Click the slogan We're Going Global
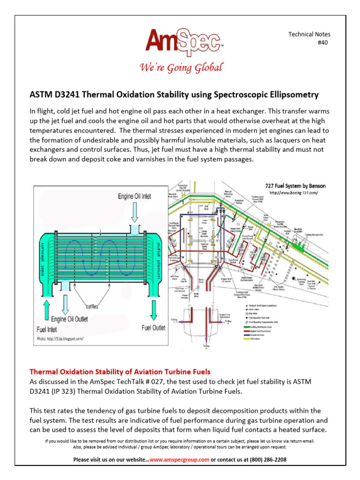click(181, 68)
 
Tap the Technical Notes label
click(309, 34)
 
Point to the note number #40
click(324, 43)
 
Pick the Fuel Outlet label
click(153, 328)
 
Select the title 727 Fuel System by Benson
click(295, 186)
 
